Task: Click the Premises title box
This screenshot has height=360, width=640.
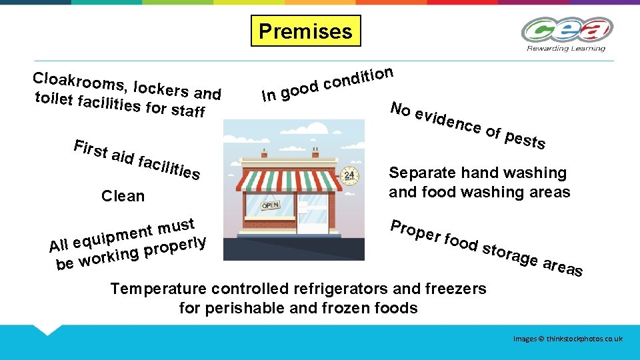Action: (305, 31)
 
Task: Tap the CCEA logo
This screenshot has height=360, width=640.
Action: (567, 31)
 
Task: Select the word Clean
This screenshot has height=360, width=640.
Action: (123, 196)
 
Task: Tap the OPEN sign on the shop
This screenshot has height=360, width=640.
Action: (269, 206)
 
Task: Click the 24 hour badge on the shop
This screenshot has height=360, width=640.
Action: (349, 177)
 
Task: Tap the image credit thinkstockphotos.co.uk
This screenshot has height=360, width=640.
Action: (568, 339)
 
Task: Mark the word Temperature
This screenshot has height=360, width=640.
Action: (158, 289)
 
